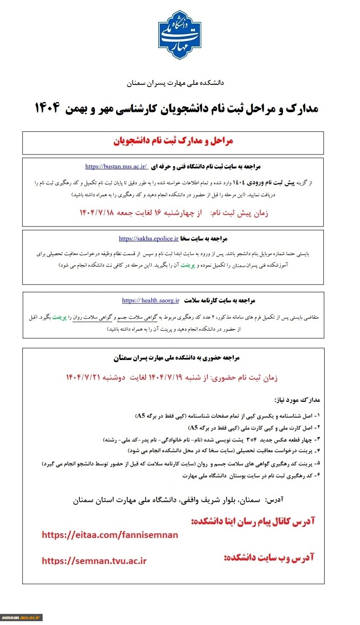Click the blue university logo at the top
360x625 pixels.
point(180,35)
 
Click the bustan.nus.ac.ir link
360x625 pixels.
point(116,166)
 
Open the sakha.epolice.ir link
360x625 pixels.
point(148,238)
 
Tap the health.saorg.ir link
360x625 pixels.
point(151,300)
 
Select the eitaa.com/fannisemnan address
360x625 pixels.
point(110,535)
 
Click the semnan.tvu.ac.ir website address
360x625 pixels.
point(94,561)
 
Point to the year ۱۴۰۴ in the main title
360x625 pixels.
point(47,108)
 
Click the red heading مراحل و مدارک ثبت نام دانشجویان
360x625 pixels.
point(173,141)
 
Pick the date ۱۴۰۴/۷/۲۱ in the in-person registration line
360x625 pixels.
point(84,378)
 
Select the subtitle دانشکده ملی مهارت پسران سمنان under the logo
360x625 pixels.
point(175,83)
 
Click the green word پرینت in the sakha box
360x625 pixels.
point(188,265)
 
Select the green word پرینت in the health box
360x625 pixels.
point(59,317)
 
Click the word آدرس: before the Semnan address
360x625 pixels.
point(274,500)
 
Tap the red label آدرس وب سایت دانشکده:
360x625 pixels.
point(269,557)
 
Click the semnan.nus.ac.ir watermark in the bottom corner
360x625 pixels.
point(21,617)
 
